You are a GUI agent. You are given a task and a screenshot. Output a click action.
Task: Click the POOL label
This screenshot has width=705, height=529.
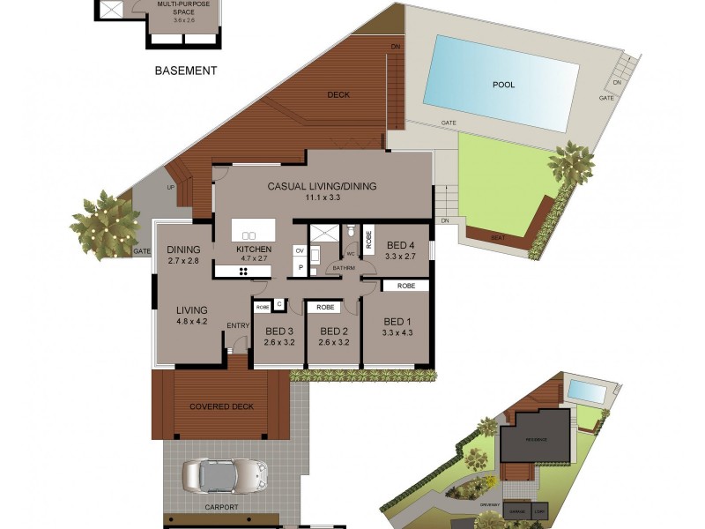point(503,86)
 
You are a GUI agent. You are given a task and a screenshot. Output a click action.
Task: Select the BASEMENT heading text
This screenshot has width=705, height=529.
point(185,71)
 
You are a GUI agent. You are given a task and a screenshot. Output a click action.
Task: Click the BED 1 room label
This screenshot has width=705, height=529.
point(397,321)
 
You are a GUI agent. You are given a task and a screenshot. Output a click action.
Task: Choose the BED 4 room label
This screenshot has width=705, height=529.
point(400,245)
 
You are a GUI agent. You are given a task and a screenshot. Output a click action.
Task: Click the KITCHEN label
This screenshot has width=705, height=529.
point(253,250)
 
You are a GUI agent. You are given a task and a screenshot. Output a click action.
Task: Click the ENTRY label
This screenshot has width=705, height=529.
point(238,326)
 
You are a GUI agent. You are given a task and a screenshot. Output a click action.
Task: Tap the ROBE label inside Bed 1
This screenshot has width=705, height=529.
point(405,287)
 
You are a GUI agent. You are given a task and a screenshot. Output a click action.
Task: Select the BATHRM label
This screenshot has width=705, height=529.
point(342,268)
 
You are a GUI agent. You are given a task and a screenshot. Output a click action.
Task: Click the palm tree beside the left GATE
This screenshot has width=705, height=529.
point(104,224)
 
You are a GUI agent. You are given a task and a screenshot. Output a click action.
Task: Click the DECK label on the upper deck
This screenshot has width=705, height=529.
point(338,95)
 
